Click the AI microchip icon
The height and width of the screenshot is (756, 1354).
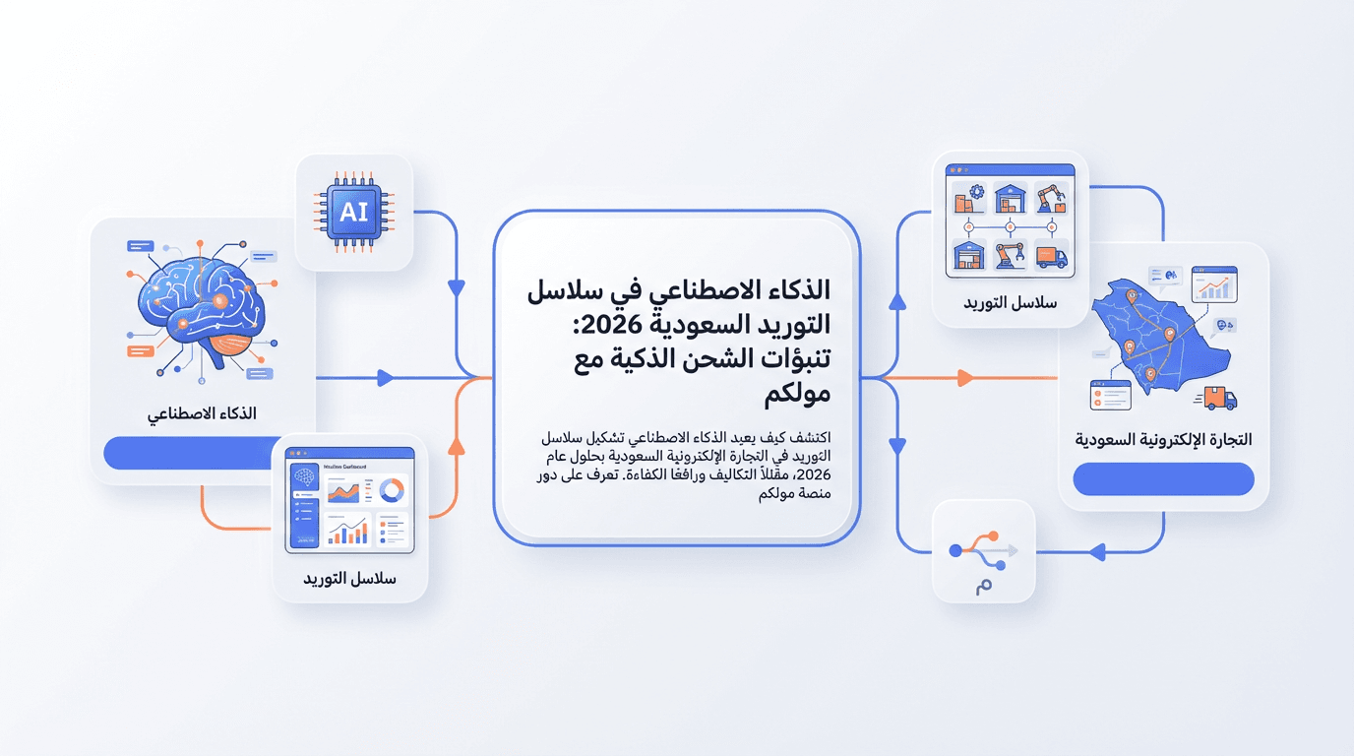[x=353, y=212]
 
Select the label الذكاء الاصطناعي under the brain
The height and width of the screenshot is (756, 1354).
[x=203, y=413]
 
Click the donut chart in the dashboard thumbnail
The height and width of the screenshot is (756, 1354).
[x=392, y=490]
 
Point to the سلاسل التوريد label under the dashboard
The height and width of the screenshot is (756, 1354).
[x=349, y=579]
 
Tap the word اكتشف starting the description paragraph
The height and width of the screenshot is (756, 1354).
[x=808, y=437]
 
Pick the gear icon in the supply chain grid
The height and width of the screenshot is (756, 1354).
[x=974, y=193]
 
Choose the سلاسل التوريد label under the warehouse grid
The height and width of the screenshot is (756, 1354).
[x=1010, y=302]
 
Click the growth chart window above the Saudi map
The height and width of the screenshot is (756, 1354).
[x=1214, y=284]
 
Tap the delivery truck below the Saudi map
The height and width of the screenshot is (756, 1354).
[x=1220, y=398]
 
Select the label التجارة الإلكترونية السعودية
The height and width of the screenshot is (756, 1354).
[x=1163, y=439]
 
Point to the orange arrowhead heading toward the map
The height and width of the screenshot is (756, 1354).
[x=965, y=378]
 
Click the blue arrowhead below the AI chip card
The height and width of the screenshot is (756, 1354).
[x=457, y=288]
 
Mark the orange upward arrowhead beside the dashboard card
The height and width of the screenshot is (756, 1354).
[x=457, y=446]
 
